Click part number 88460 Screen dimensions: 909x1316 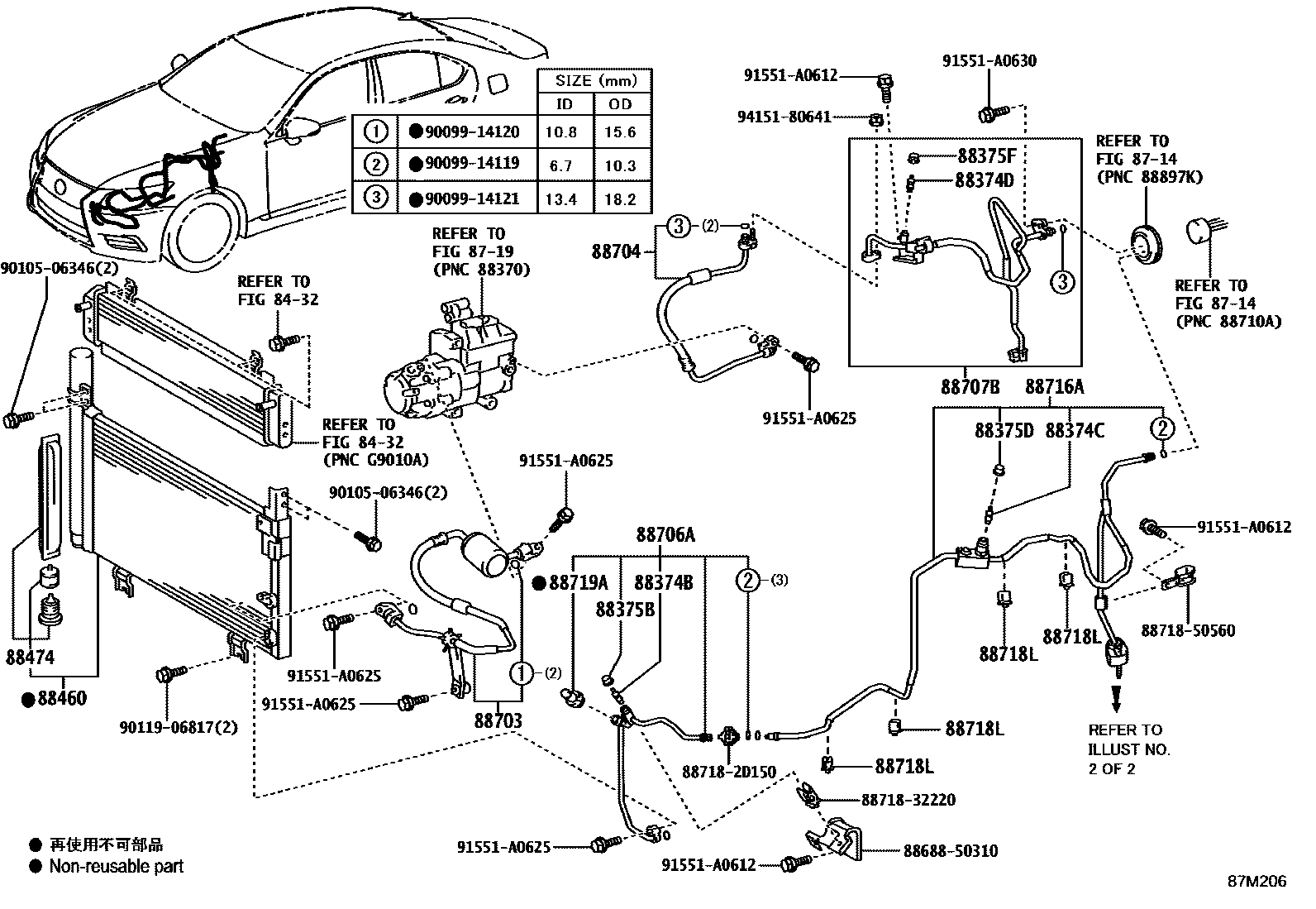pyautogui.click(x=60, y=699)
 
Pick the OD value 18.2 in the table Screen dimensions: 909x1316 pyautogui.click(x=619, y=199)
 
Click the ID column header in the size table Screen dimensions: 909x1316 pyautogui.click(x=563, y=103)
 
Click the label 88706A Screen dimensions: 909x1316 pyautogui.click(x=665, y=535)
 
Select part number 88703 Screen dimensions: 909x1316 pyautogui.click(x=498, y=720)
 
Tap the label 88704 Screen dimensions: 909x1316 pyautogui.click(x=616, y=251)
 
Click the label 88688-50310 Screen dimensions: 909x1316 pyautogui.click(x=950, y=850)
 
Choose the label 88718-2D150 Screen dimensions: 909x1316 pyautogui.click(x=728, y=772)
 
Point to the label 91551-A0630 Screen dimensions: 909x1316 pyautogui.click(x=989, y=60)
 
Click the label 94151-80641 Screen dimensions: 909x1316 pyautogui.click(x=784, y=117)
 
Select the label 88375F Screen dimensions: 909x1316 pyautogui.click(x=987, y=155)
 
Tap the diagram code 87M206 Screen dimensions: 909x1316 pyautogui.click(x=1256, y=881)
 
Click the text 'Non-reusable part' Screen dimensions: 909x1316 pyautogui.click(x=116, y=866)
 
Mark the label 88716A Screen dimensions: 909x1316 pyautogui.click(x=1054, y=386)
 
